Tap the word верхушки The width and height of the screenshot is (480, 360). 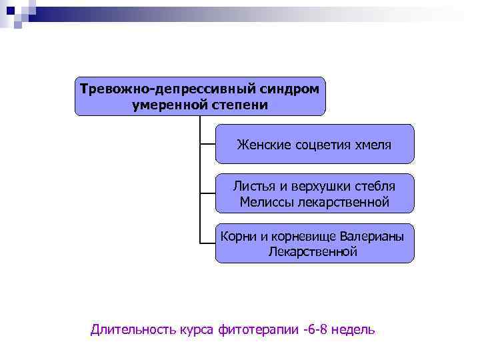click(x=319, y=186)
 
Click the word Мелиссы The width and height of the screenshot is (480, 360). click(x=265, y=202)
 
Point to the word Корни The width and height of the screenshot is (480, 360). click(x=238, y=236)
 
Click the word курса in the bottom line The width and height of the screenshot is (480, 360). click(x=197, y=329)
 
